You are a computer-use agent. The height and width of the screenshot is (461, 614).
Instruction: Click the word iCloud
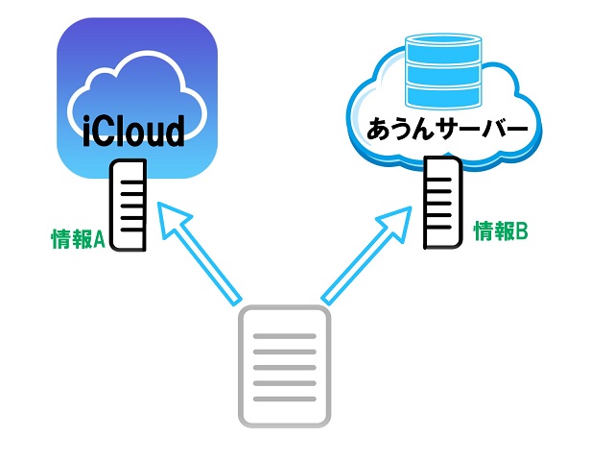pos(133,132)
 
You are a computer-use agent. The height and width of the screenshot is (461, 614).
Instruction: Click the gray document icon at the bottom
pos(284,365)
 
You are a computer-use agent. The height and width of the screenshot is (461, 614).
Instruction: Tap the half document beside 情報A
pos(130,206)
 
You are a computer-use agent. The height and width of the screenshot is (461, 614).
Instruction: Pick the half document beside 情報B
pos(442,204)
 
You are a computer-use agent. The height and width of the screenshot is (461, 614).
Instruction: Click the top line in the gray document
pos(284,337)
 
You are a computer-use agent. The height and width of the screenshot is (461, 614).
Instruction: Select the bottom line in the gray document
pos(284,396)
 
